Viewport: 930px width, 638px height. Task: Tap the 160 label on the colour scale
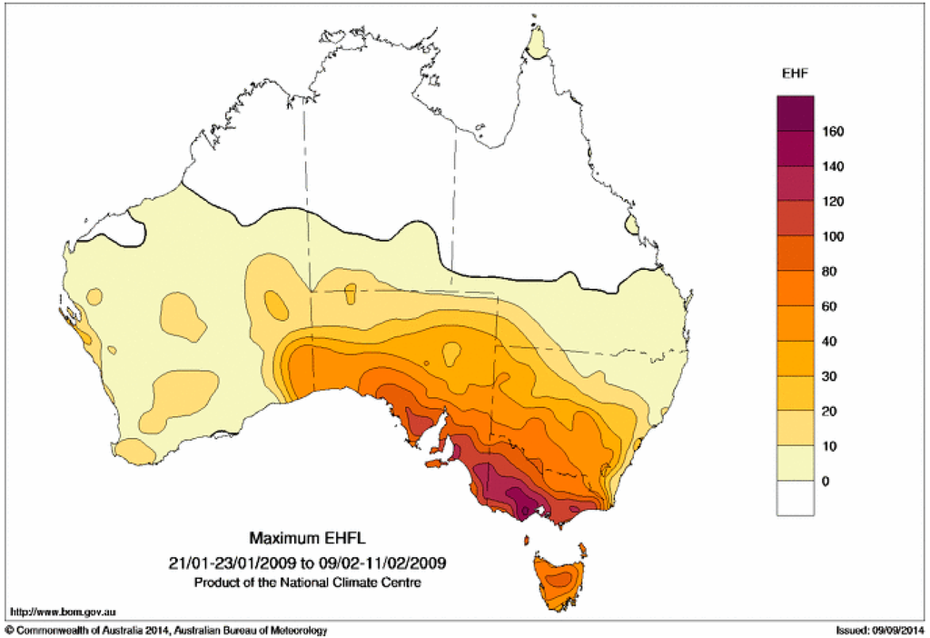pyautogui.click(x=834, y=132)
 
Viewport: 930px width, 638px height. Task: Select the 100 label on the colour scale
pyautogui.click(x=834, y=237)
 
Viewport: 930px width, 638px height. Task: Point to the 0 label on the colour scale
pyautogui.click(x=825, y=482)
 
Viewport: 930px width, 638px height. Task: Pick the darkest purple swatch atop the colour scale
pyautogui.click(x=795, y=114)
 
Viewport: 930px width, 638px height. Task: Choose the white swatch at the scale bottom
pyautogui.click(x=795, y=499)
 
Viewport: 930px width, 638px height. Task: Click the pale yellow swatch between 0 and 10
pyautogui.click(x=795, y=464)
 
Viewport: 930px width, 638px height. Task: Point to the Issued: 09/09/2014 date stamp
pyautogui.click(x=878, y=630)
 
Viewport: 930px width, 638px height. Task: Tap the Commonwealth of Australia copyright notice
pyautogui.click(x=167, y=630)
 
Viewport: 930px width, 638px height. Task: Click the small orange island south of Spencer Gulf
pyautogui.click(x=432, y=463)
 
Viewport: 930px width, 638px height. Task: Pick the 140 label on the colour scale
pyautogui.click(x=834, y=167)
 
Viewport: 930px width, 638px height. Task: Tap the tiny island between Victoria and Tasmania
pyautogui.click(x=527, y=541)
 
